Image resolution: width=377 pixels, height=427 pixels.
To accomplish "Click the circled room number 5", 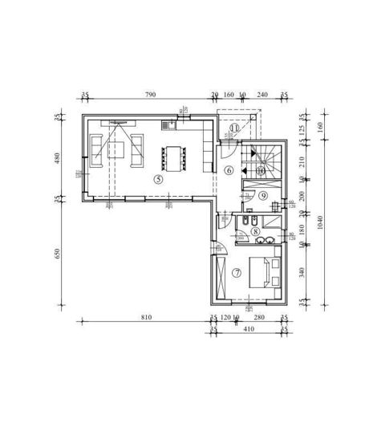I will tap(158, 179).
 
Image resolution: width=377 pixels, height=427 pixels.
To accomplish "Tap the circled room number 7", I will tap(237, 272).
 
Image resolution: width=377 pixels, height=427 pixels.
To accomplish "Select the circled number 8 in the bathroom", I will tap(255, 231).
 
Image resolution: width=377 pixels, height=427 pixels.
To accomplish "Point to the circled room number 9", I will tap(262, 195).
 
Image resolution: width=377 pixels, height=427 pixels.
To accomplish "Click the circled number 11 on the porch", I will tap(234, 128).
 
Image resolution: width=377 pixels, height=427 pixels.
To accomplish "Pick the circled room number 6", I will tap(229, 169).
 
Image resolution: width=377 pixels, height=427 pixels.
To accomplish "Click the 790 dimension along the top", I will tap(150, 95).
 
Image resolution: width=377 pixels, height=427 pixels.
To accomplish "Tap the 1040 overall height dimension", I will tap(321, 222).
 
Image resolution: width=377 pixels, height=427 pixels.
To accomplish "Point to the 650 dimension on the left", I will tap(57, 253).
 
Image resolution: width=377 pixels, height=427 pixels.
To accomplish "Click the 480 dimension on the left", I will tap(57, 158).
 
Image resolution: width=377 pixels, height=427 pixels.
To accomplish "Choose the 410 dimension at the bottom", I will tap(249, 329).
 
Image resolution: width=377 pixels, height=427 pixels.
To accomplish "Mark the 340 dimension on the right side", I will tap(301, 271).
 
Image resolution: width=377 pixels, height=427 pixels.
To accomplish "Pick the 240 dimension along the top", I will tap(262, 95).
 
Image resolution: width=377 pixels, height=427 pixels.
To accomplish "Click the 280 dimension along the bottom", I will tap(258, 318).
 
